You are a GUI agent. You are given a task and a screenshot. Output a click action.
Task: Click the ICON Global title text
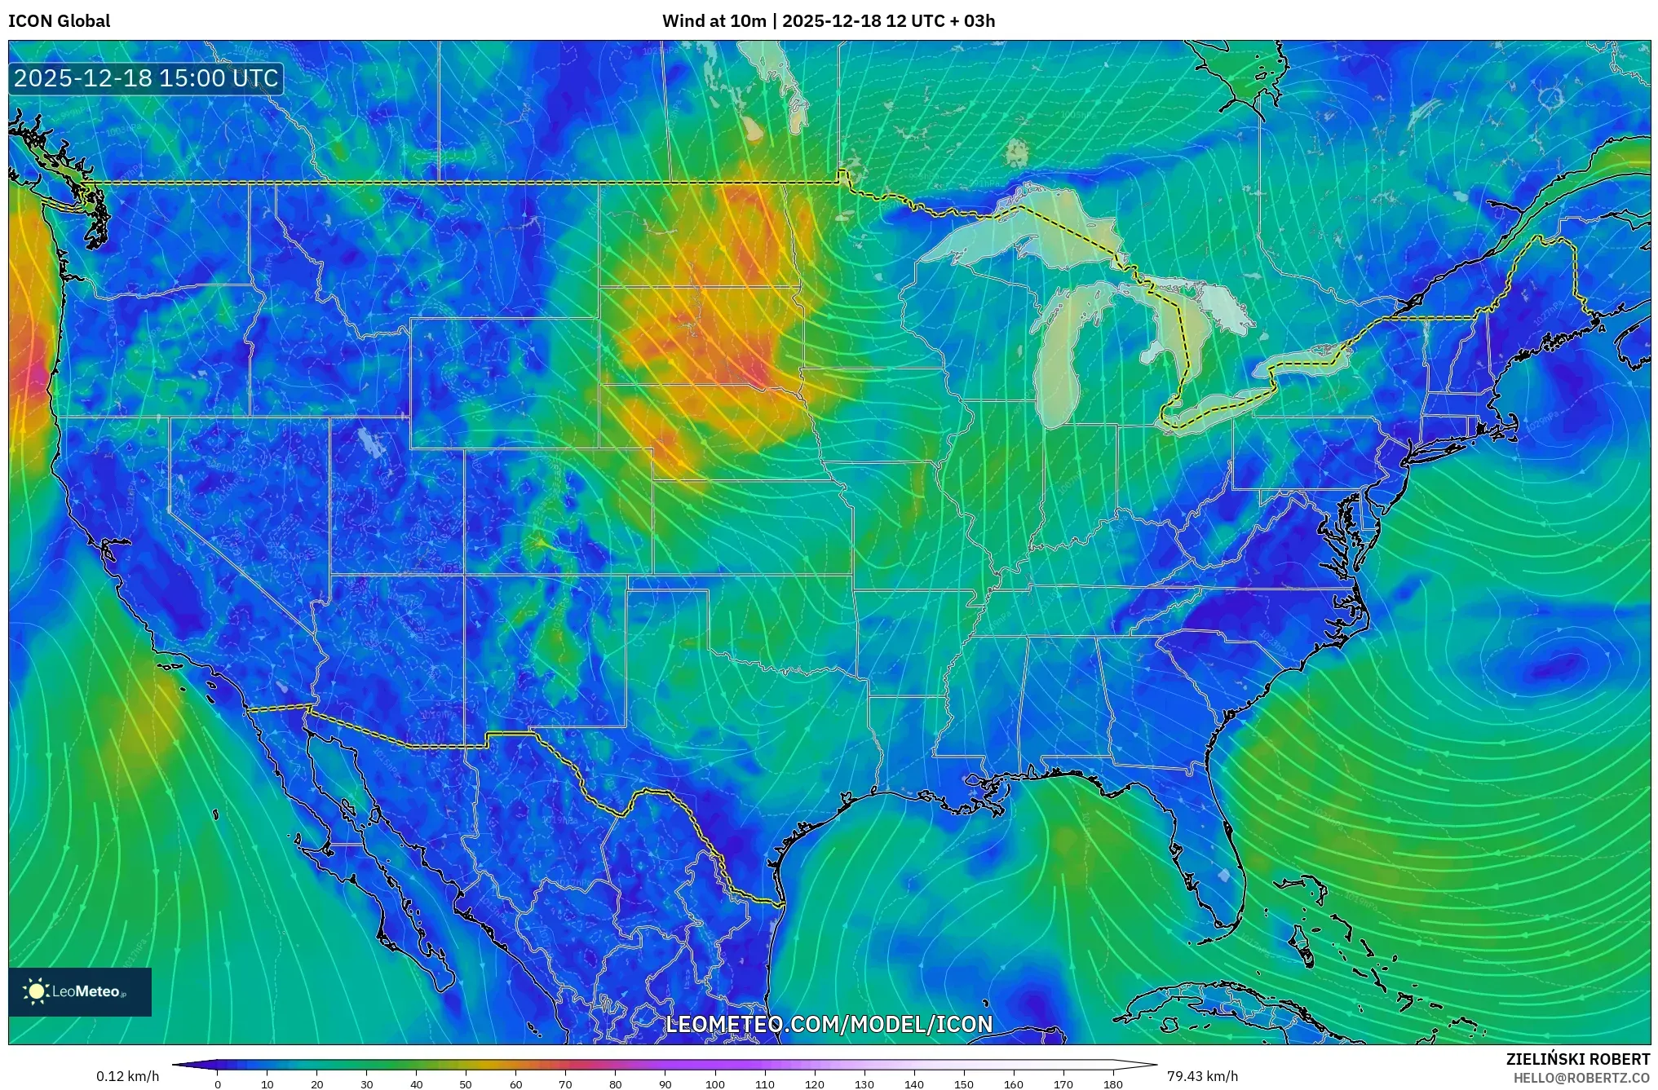coord(59,20)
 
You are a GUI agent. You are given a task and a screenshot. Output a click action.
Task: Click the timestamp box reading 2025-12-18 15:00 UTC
coord(146,78)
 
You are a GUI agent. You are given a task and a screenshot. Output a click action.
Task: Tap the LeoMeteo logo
coord(79,991)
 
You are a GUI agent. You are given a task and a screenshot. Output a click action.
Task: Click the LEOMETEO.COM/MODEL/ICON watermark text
coord(829,1025)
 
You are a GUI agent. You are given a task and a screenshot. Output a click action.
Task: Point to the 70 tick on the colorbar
coord(565,1083)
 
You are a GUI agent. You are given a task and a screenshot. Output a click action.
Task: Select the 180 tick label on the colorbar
coord(1112,1083)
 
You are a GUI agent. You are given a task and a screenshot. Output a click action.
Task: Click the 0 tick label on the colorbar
coord(217,1083)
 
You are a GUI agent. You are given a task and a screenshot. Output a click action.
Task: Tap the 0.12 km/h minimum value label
coord(127,1076)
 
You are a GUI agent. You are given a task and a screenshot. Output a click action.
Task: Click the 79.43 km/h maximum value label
coord(1202,1076)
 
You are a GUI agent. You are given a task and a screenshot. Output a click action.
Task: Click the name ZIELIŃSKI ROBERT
coord(1577,1059)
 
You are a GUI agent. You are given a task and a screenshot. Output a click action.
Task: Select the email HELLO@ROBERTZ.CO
coord(1581,1078)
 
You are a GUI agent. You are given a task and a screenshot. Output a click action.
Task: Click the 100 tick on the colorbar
coord(714,1083)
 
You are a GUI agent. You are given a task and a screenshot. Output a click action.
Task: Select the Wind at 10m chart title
coord(828,20)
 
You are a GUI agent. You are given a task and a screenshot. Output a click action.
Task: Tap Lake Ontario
coord(1305,359)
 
